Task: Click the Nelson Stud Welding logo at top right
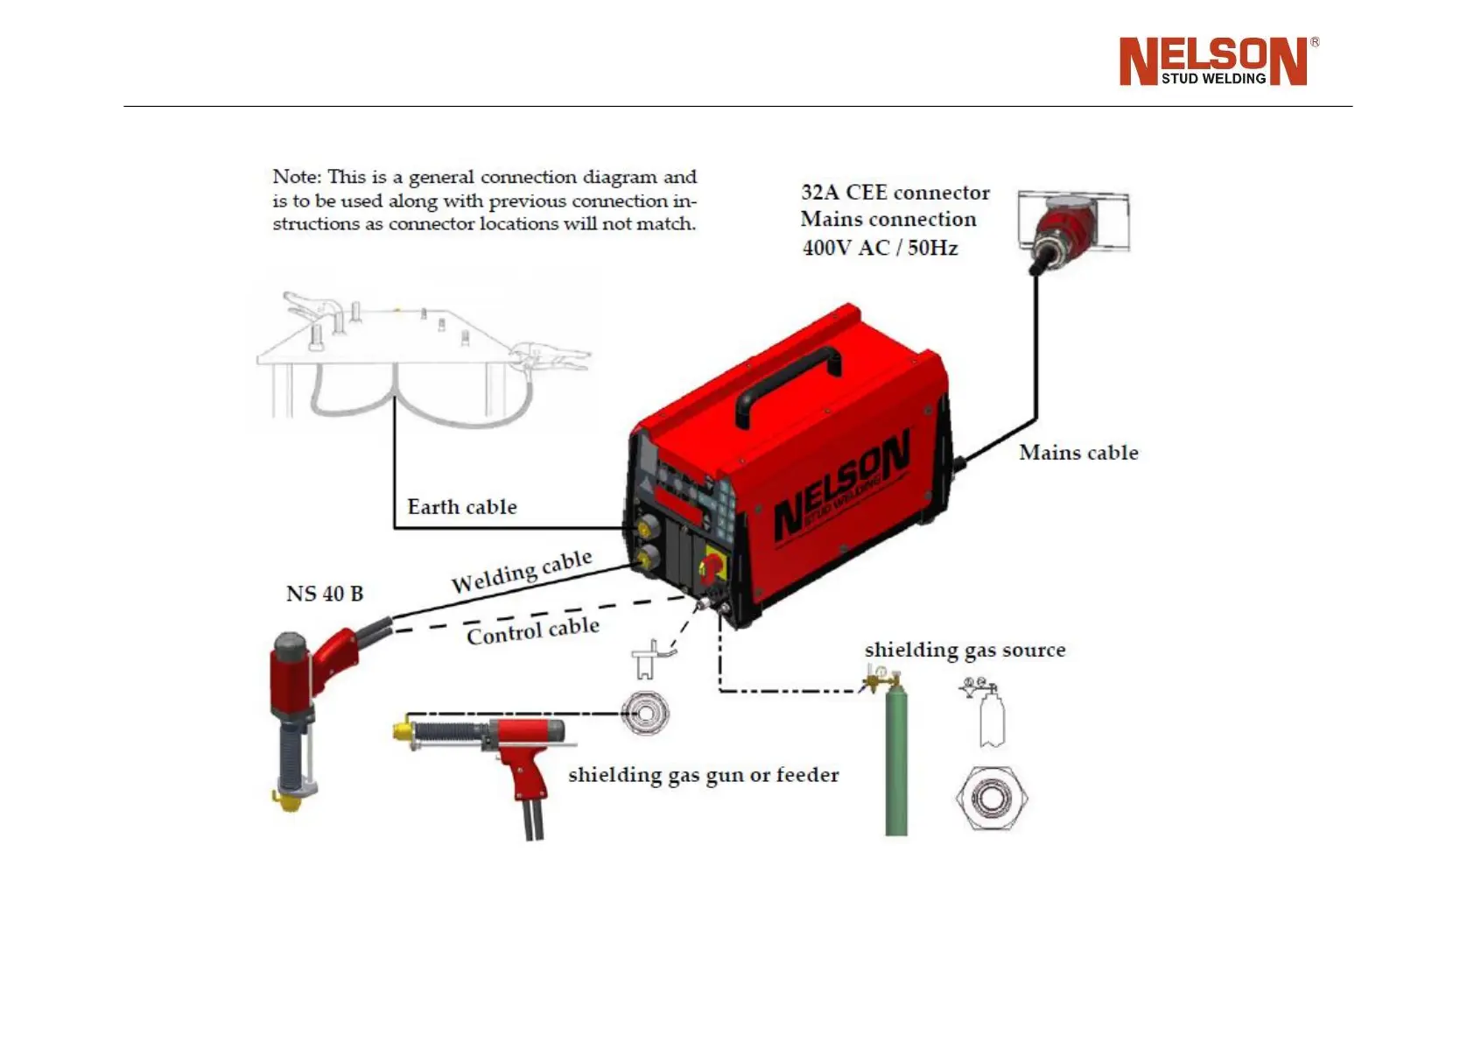tap(1217, 61)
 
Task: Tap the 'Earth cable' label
tap(461, 507)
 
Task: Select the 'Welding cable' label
tap(521, 571)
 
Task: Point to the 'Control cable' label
tap(532, 630)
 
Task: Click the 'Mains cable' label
tap(1078, 453)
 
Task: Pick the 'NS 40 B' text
tap(324, 594)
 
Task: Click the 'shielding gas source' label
tap(965, 650)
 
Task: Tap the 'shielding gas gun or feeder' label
tap(703, 775)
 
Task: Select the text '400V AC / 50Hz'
tap(880, 248)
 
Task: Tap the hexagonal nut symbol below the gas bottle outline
tap(991, 798)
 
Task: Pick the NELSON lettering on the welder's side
tap(840, 486)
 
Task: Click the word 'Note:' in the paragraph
tap(296, 177)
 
